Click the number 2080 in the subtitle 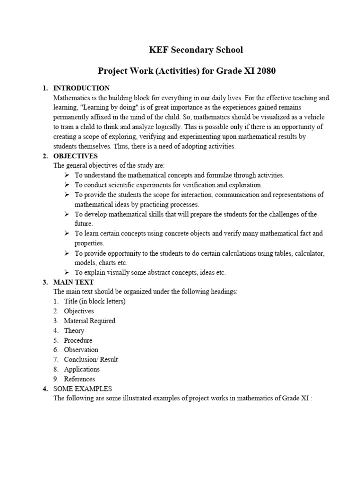(x=264, y=71)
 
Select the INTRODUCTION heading (x=81, y=88)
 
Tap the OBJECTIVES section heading (x=76, y=156)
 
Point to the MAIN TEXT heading (x=74, y=282)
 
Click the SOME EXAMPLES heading (x=83, y=389)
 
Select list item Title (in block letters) (x=95, y=302)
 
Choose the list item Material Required (x=89, y=321)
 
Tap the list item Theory (x=74, y=331)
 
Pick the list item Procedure (x=78, y=340)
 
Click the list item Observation (x=81, y=350)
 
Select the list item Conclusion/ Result (x=91, y=360)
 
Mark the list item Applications (x=82, y=369)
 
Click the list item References (x=79, y=379)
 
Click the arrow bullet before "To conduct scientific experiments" (x=67, y=185)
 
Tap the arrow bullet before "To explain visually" (x=67, y=272)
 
